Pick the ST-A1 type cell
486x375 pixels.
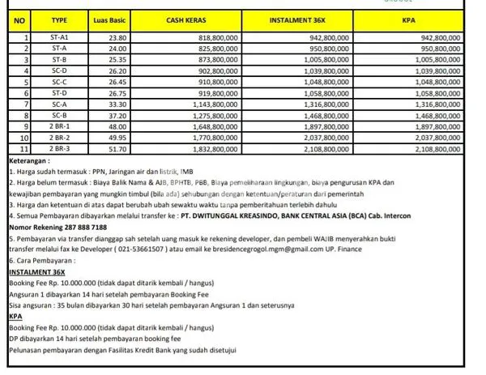[59, 37]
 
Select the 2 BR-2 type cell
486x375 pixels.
[59, 138]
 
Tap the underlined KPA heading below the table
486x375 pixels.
[15, 317]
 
